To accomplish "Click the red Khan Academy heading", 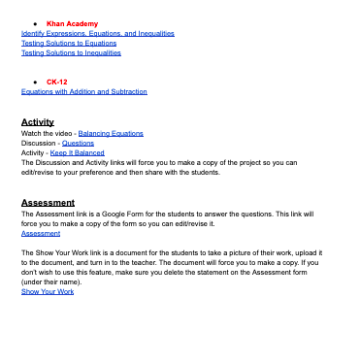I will click(x=72, y=22).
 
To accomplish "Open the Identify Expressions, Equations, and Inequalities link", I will click(x=98, y=33).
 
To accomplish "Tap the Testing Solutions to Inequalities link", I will click(x=71, y=52).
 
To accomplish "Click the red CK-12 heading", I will click(x=57, y=82).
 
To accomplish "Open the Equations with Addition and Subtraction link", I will click(x=84, y=91).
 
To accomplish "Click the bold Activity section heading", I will click(x=37, y=122).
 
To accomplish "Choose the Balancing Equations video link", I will click(x=111, y=133).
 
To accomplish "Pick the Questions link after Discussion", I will click(x=78, y=143).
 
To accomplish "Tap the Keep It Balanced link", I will click(x=77, y=152).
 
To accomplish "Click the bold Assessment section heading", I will click(x=48, y=203).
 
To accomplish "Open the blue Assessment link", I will click(x=40, y=233).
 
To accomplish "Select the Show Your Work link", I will click(x=48, y=291).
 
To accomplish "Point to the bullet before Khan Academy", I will click(x=34, y=22).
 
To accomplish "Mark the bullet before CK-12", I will click(x=34, y=82).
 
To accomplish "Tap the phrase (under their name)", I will click(x=49, y=281).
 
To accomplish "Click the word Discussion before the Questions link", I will click(x=38, y=143).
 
